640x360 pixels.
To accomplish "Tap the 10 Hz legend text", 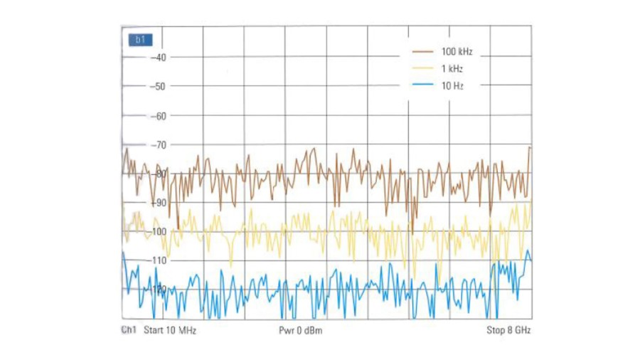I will click(x=452, y=85).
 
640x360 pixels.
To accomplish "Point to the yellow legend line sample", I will click(x=422, y=69).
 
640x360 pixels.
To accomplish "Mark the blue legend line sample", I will click(x=422, y=85).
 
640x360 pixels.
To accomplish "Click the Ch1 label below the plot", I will click(x=129, y=331).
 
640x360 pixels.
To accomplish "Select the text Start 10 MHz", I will click(x=170, y=331).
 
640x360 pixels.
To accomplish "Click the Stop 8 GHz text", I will click(x=508, y=331).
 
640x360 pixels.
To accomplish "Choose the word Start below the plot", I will click(x=154, y=331).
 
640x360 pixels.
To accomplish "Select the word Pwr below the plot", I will click(x=287, y=331).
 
